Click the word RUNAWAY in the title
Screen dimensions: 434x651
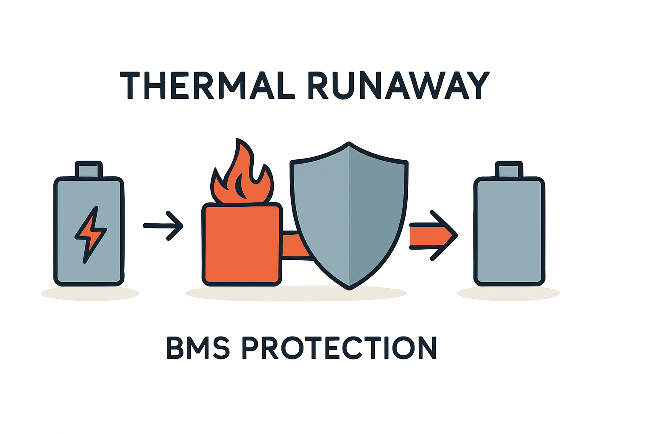pyautogui.click(x=398, y=86)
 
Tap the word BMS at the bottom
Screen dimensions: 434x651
pyautogui.click(x=198, y=348)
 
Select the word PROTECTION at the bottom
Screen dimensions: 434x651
pyautogui.click(x=339, y=348)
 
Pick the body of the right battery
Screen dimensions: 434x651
pyautogui.click(x=509, y=231)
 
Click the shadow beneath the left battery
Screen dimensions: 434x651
pyautogui.click(x=90, y=293)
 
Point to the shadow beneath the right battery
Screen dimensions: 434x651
pyautogui.click(x=509, y=293)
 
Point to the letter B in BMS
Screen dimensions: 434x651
pyautogui.click(x=176, y=348)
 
